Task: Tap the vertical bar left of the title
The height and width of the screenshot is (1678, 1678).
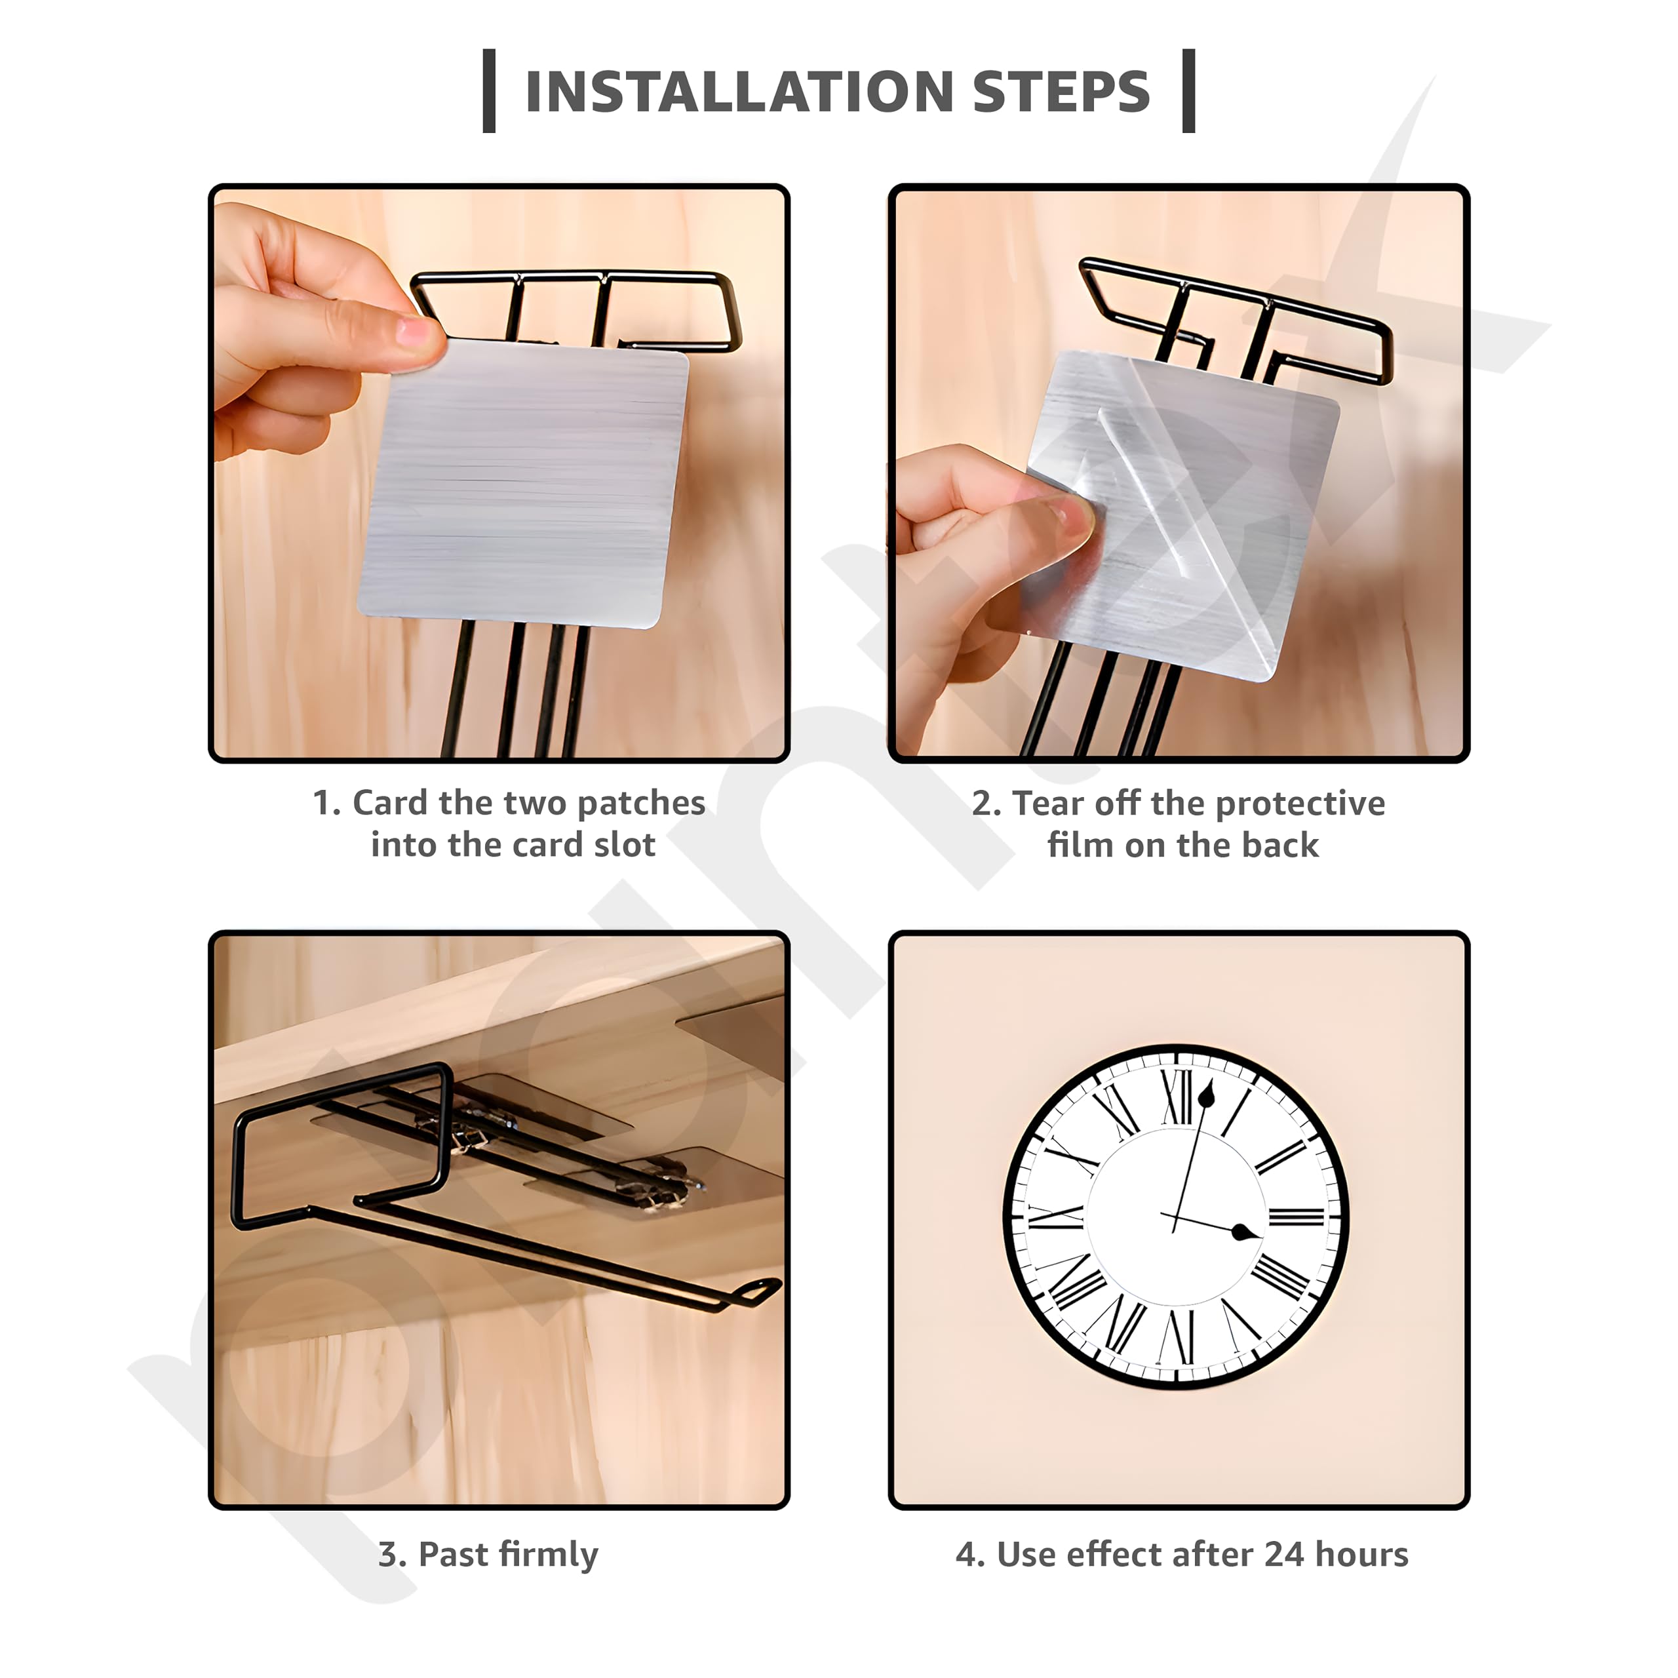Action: point(489,91)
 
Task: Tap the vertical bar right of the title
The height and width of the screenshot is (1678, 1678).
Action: point(1189,91)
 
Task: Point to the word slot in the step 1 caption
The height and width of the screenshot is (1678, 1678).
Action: point(625,844)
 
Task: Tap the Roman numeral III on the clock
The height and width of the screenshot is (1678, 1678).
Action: point(1296,1216)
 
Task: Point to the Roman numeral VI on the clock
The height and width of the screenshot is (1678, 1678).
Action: point(1179,1335)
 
